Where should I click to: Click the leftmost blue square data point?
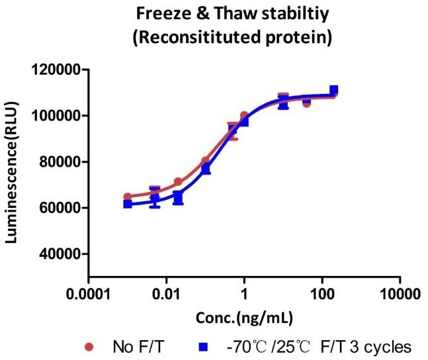coord(128,204)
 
